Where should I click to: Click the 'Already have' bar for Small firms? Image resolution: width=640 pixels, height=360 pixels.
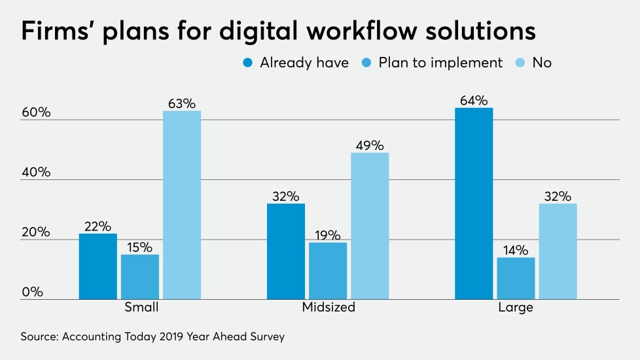click(x=98, y=266)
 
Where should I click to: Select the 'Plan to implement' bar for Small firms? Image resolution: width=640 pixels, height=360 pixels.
click(x=140, y=277)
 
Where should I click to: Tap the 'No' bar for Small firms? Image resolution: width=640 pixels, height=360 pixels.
click(x=182, y=205)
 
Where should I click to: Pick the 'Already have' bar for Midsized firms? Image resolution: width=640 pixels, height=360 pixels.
click(x=286, y=251)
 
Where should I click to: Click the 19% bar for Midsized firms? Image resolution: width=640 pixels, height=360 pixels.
click(x=328, y=271)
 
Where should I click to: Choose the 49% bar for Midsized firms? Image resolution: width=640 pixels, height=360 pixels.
click(x=370, y=226)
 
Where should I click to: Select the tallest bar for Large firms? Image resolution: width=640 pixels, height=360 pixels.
click(x=474, y=204)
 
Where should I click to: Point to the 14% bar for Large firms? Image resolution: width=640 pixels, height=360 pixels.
click(x=516, y=278)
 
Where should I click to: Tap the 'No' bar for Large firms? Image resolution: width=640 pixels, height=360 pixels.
click(x=558, y=251)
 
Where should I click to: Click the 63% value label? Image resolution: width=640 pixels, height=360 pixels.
click(x=182, y=103)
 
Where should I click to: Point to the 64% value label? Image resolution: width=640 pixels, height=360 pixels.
click(x=474, y=100)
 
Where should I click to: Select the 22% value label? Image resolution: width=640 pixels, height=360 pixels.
click(x=98, y=226)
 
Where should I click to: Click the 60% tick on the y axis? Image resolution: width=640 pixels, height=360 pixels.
click(x=36, y=113)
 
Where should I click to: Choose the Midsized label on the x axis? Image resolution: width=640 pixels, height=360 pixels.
click(x=328, y=307)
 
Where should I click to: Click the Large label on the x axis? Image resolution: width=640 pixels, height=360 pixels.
click(x=516, y=307)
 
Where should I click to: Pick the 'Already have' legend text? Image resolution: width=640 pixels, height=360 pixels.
click(x=304, y=63)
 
